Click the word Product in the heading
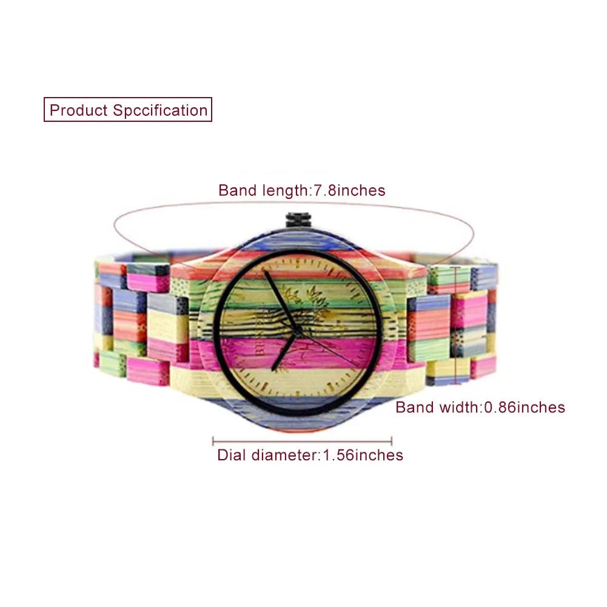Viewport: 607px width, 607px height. (x=79, y=110)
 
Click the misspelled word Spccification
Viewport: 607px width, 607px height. (x=160, y=110)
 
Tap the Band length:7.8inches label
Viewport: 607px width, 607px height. (x=301, y=190)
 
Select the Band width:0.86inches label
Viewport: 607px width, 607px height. (x=480, y=407)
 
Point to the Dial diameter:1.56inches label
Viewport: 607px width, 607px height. (x=310, y=455)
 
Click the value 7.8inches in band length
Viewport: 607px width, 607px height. (x=349, y=190)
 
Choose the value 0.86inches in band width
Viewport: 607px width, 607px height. (x=524, y=407)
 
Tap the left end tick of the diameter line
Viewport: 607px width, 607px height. (x=213, y=441)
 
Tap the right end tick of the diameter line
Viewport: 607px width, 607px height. (x=392, y=441)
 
